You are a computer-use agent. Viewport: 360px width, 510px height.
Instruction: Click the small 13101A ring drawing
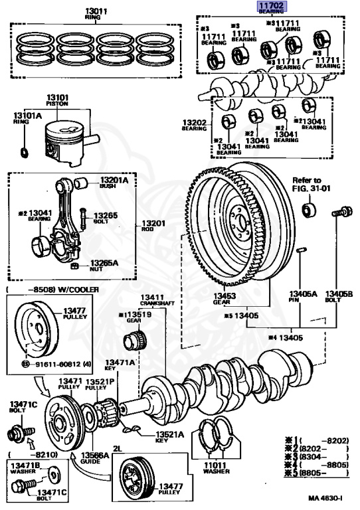point(24,155)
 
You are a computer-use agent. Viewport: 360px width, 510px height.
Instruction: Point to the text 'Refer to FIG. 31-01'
point(307,184)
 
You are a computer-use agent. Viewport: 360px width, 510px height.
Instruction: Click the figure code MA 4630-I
point(327,497)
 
